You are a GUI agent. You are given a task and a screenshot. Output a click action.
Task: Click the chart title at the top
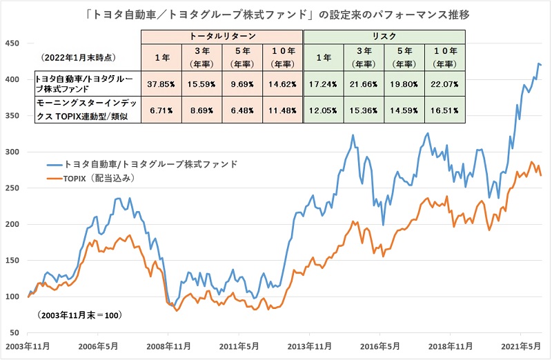point(276,12)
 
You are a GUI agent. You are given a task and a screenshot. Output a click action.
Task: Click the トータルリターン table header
point(221,35)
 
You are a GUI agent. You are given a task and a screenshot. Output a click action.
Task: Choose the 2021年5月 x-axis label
point(522,346)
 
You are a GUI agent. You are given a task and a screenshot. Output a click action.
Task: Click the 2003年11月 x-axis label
point(28,346)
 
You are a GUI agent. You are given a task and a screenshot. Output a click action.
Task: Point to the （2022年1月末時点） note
point(76,57)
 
